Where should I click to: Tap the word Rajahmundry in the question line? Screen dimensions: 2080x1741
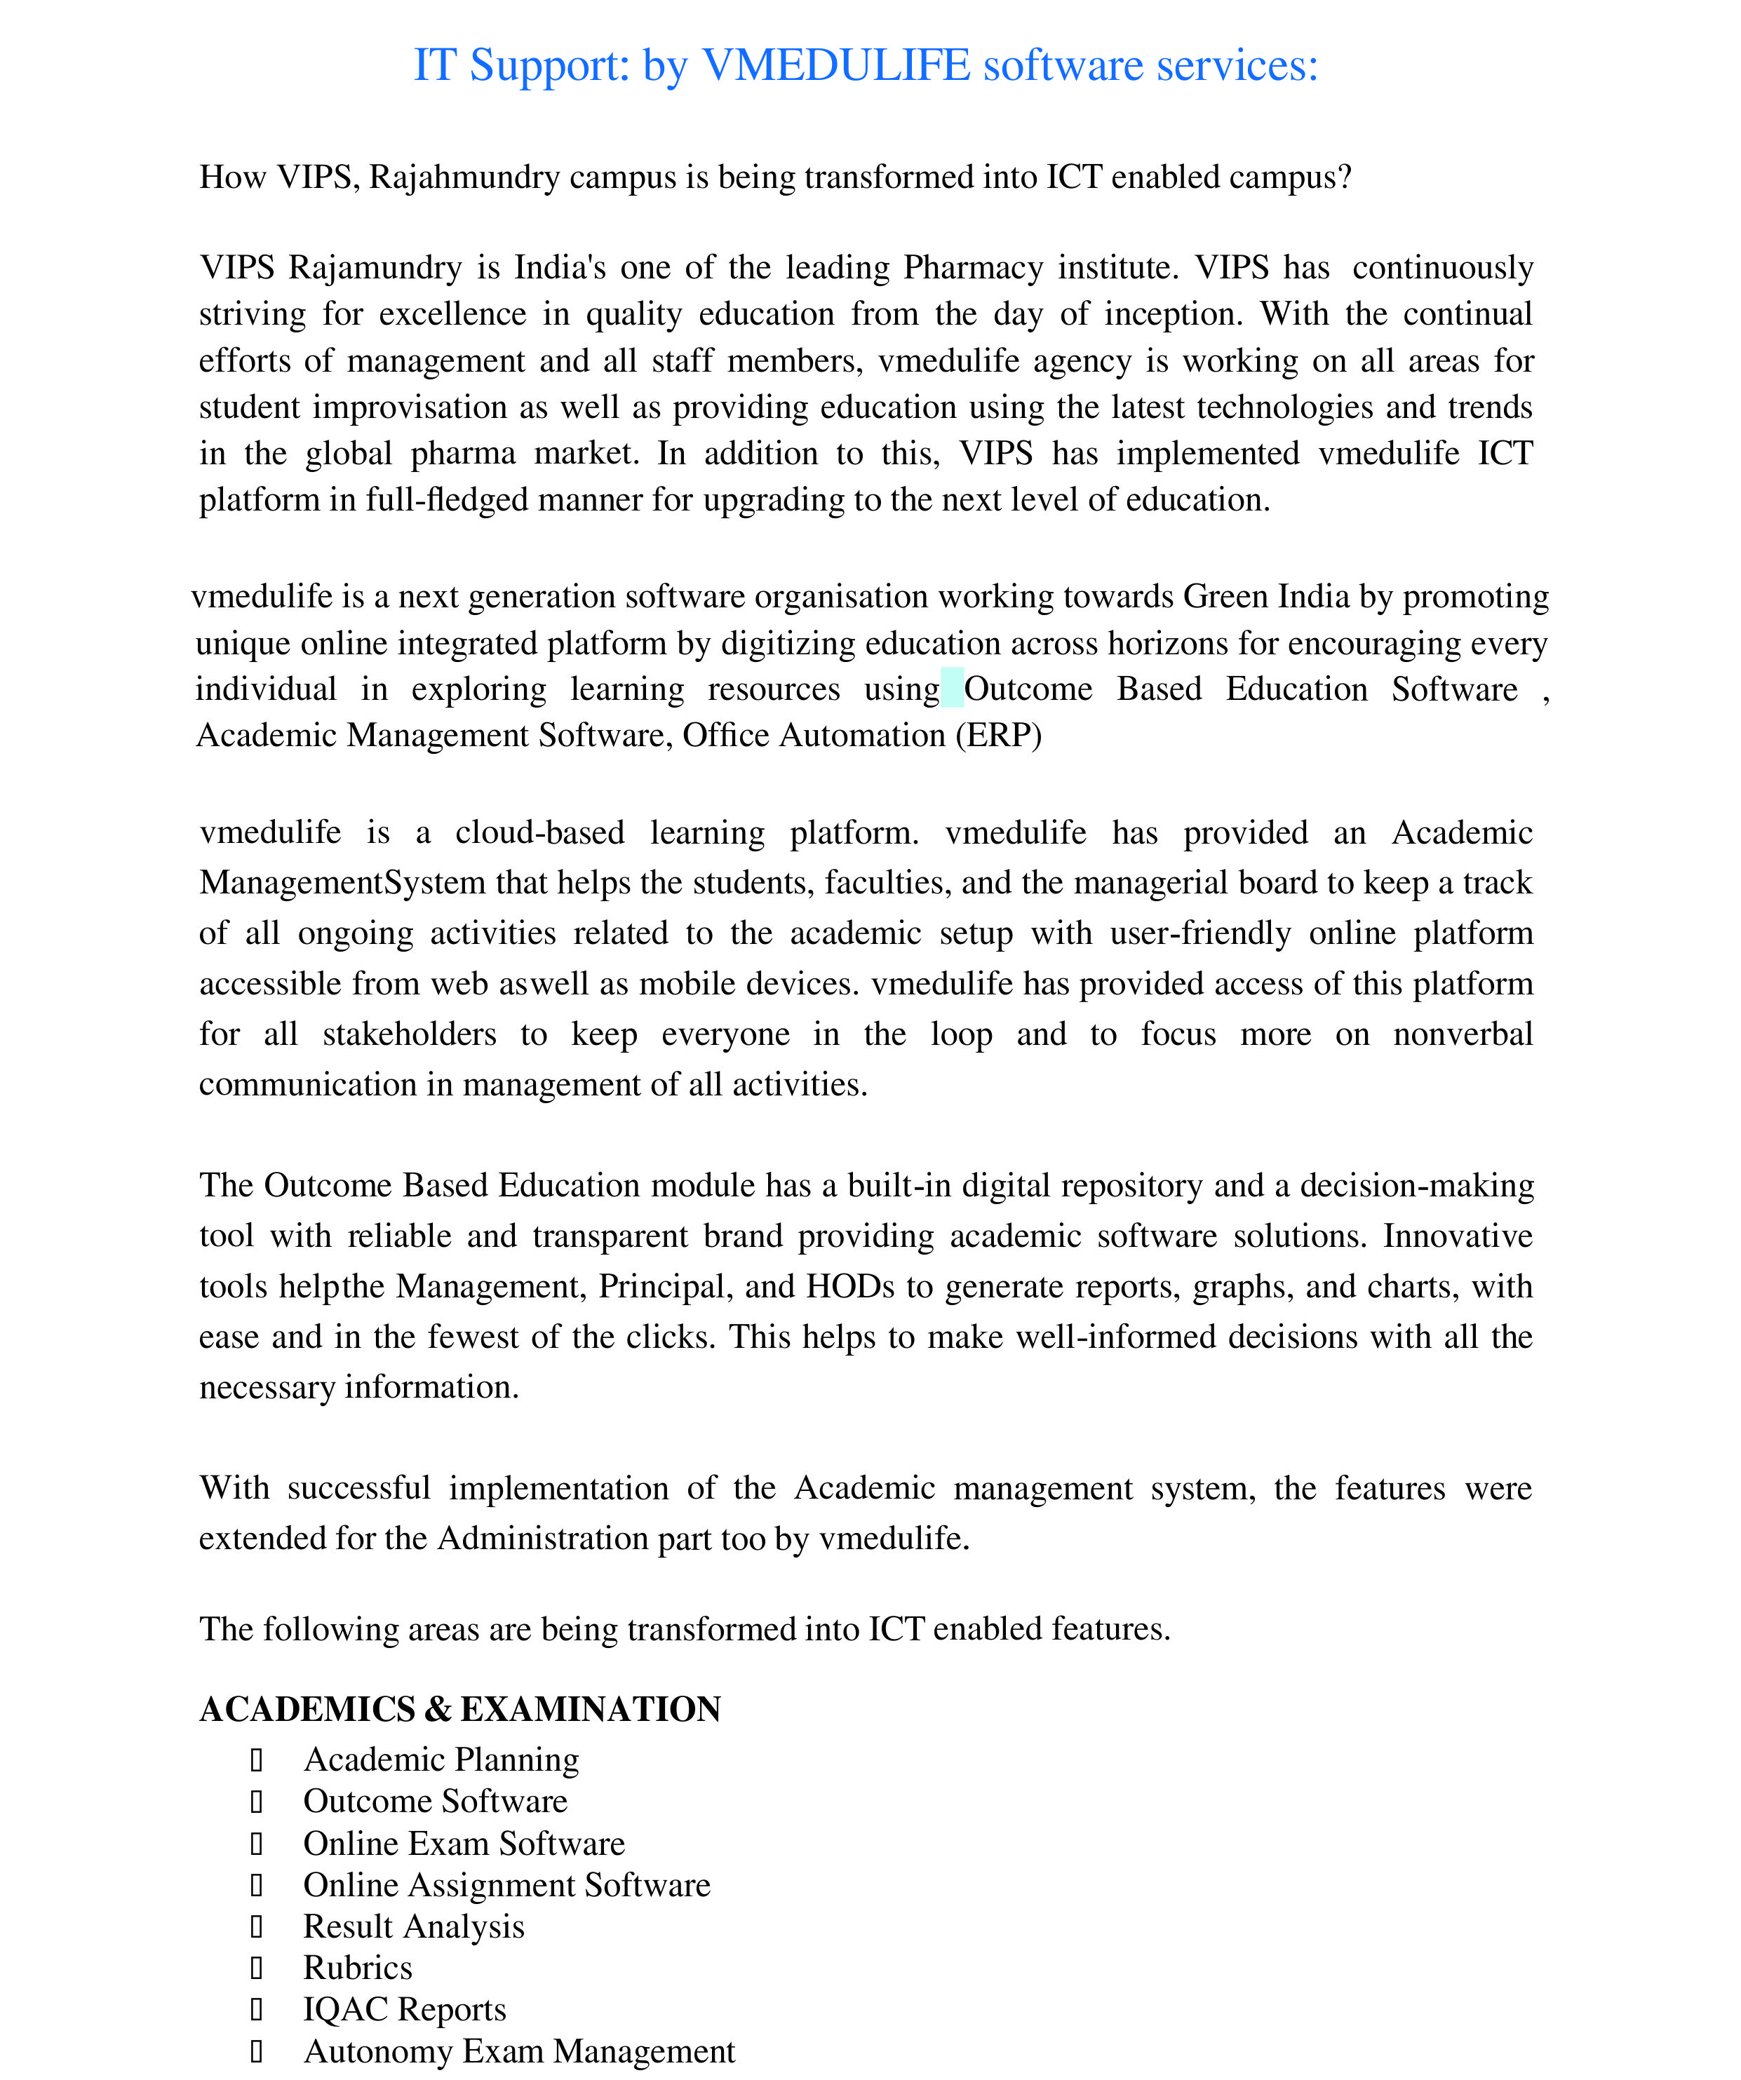click(x=464, y=177)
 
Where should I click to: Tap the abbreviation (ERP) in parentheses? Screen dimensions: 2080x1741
click(x=998, y=736)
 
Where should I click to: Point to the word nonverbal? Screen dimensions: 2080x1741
click(x=1462, y=1034)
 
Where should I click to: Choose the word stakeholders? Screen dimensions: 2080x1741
click(x=409, y=1034)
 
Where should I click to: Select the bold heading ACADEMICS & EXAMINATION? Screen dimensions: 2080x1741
click(x=459, y=1708)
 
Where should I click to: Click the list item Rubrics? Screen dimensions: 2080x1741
click(x=357, y=1967)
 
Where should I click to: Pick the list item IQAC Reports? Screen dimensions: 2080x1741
click(x=404, y=2008)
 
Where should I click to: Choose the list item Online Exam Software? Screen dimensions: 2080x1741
click(x=464, y=1843)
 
